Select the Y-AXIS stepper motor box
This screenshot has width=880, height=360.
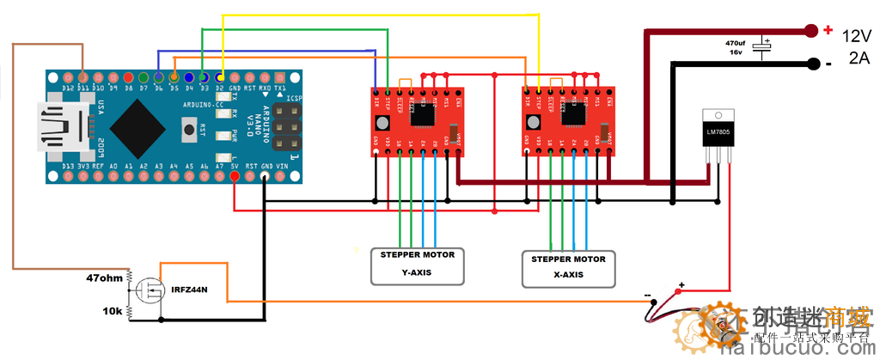[x=418, y=265]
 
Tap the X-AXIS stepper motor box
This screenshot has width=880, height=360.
[x=568, y=268]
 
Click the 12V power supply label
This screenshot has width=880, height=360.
[x=856, y=36]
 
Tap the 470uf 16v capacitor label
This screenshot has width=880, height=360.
[x=735, y=47]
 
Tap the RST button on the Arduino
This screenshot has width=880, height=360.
[x=188, y=131]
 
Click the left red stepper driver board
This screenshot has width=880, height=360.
[x=418, y=121]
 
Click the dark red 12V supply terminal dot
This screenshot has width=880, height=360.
[x=811, y=31]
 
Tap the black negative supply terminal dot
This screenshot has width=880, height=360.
[x=811, y=63]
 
